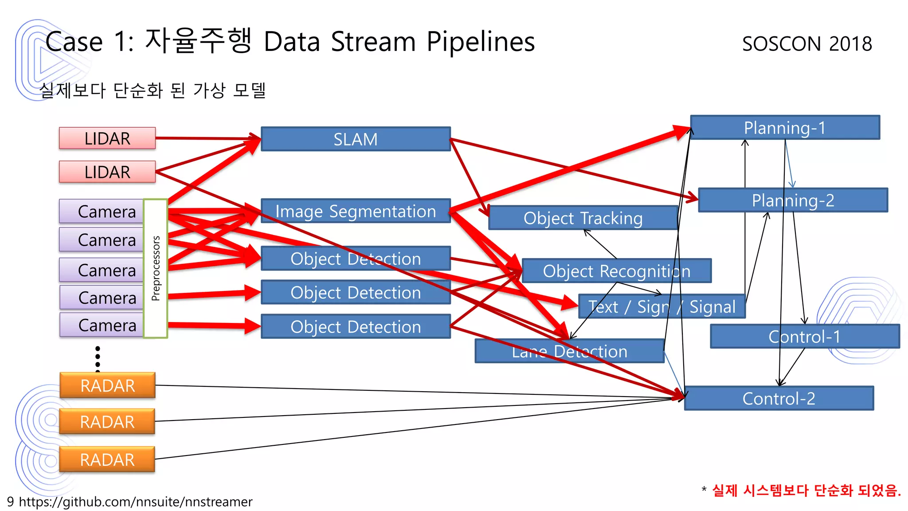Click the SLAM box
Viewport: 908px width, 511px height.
[x=356, y=139]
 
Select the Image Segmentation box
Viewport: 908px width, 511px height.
[x=356, y=211]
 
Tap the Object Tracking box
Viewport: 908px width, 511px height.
[x=583, y=218]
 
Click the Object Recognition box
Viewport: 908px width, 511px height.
[x=616, y=271]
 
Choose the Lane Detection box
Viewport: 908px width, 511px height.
[x=569, y=351]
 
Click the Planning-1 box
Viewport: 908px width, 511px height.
[x=785, y=128]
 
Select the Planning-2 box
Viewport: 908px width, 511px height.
[x=793, y=200]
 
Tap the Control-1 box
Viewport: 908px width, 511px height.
[x=804, y=337]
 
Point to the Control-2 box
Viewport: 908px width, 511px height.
[x=779, y=398]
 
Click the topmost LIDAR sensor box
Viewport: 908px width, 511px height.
[x=107, y=138]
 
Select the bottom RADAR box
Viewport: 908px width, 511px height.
[x=107, y=460]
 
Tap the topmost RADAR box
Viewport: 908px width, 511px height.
[x=107, y=385]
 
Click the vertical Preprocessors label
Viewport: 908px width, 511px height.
[x=156, y=268]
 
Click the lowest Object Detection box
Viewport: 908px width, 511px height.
[x=356, y=327]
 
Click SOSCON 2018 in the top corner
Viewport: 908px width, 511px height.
[x=807, y=44]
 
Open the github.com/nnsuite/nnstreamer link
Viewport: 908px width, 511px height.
[x=135, y=502]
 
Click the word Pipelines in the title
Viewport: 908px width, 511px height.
[x=481, y=42]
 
